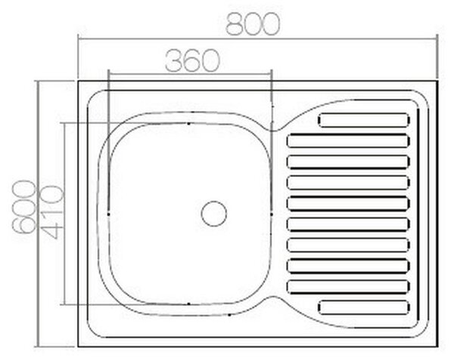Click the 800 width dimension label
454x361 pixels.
point(253,25)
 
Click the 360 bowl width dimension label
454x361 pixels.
point(192,61)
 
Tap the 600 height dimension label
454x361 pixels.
point(23,207)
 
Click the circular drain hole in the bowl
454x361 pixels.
point(214,214)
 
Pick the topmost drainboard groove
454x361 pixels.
point(364,120)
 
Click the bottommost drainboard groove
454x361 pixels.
point(364,307)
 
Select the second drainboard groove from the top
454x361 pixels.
point(348,141)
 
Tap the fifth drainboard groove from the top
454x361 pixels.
point(348,203)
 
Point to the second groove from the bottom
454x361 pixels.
point(348,287)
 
